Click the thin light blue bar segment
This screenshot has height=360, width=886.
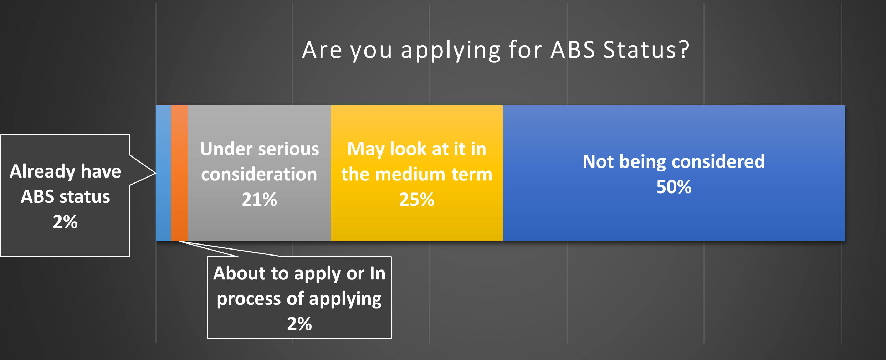164,173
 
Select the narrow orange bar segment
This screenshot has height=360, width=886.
179,173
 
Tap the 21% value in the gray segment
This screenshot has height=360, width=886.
259,200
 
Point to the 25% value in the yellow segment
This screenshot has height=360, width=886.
416,200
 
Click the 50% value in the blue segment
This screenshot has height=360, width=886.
674,187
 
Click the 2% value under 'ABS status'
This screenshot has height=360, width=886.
65,222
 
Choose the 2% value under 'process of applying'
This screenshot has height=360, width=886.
299,324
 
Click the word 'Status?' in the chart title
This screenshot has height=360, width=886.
646,50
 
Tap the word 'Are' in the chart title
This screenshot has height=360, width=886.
322,50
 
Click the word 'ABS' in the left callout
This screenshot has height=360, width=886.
37,197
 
